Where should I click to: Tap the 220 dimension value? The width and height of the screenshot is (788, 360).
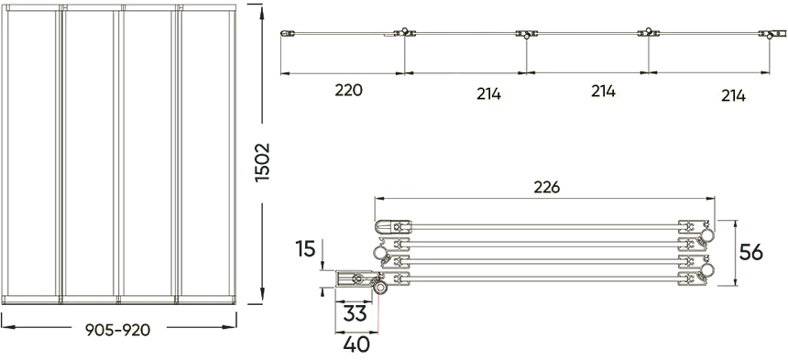click(x=349, y=91)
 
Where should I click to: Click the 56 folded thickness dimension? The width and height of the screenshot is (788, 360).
click(x=751, y=253)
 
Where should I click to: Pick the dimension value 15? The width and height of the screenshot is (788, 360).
click(x=307, y=247)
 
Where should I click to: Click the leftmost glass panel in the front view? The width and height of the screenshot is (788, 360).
click(x=33, y=151)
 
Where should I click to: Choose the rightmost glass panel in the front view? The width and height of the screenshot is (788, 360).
click(x=207, y=151)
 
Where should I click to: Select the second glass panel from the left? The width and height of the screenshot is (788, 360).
click(x=89, y=151)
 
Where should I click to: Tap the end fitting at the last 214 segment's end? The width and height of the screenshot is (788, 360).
click(x=763, y=35)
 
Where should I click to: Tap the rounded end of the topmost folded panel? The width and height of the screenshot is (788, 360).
click(x=380, y=224)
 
